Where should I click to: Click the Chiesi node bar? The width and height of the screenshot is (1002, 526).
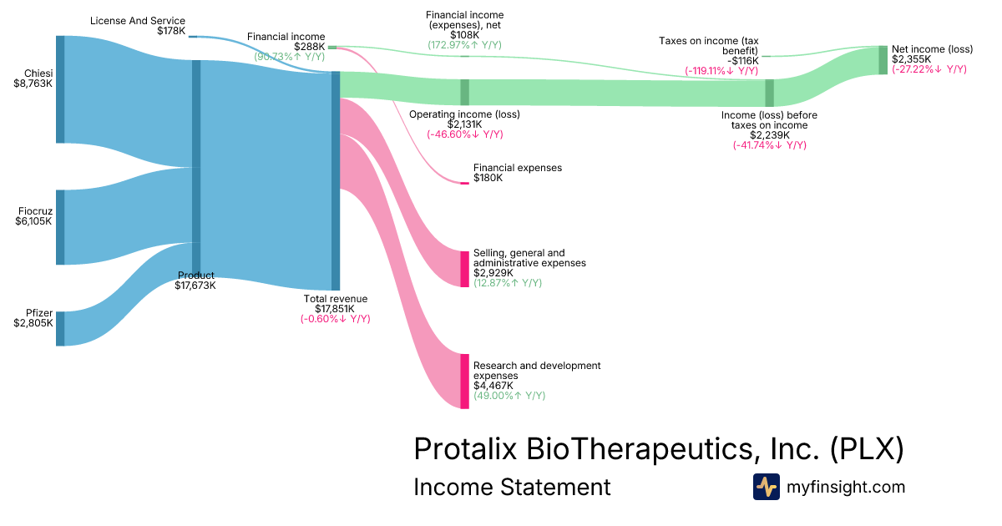60,89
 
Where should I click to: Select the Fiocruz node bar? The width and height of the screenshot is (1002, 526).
60,227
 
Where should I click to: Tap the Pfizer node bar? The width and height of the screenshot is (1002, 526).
60,328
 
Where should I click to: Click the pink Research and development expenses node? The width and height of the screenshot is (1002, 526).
465,381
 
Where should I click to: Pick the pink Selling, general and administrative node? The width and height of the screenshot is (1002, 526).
465,269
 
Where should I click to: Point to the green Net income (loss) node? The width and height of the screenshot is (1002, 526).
883,60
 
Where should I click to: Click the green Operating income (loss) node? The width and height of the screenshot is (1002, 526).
465,92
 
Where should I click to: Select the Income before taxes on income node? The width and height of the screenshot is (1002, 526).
770,92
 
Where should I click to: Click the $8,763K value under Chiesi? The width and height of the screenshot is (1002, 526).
33,83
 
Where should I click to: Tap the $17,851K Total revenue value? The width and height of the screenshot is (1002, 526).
335,309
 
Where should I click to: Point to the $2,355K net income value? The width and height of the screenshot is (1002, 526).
911,59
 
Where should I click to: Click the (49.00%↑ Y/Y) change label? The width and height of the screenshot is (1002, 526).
509,396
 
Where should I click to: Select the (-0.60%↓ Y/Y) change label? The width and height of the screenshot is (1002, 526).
335,319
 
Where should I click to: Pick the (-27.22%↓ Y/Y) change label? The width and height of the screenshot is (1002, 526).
929,69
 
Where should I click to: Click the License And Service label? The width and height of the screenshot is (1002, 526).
138,21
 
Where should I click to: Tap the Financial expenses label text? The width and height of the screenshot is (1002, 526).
518,168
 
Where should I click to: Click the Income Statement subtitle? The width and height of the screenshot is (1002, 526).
512,487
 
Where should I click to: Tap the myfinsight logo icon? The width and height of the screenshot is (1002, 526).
767,487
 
